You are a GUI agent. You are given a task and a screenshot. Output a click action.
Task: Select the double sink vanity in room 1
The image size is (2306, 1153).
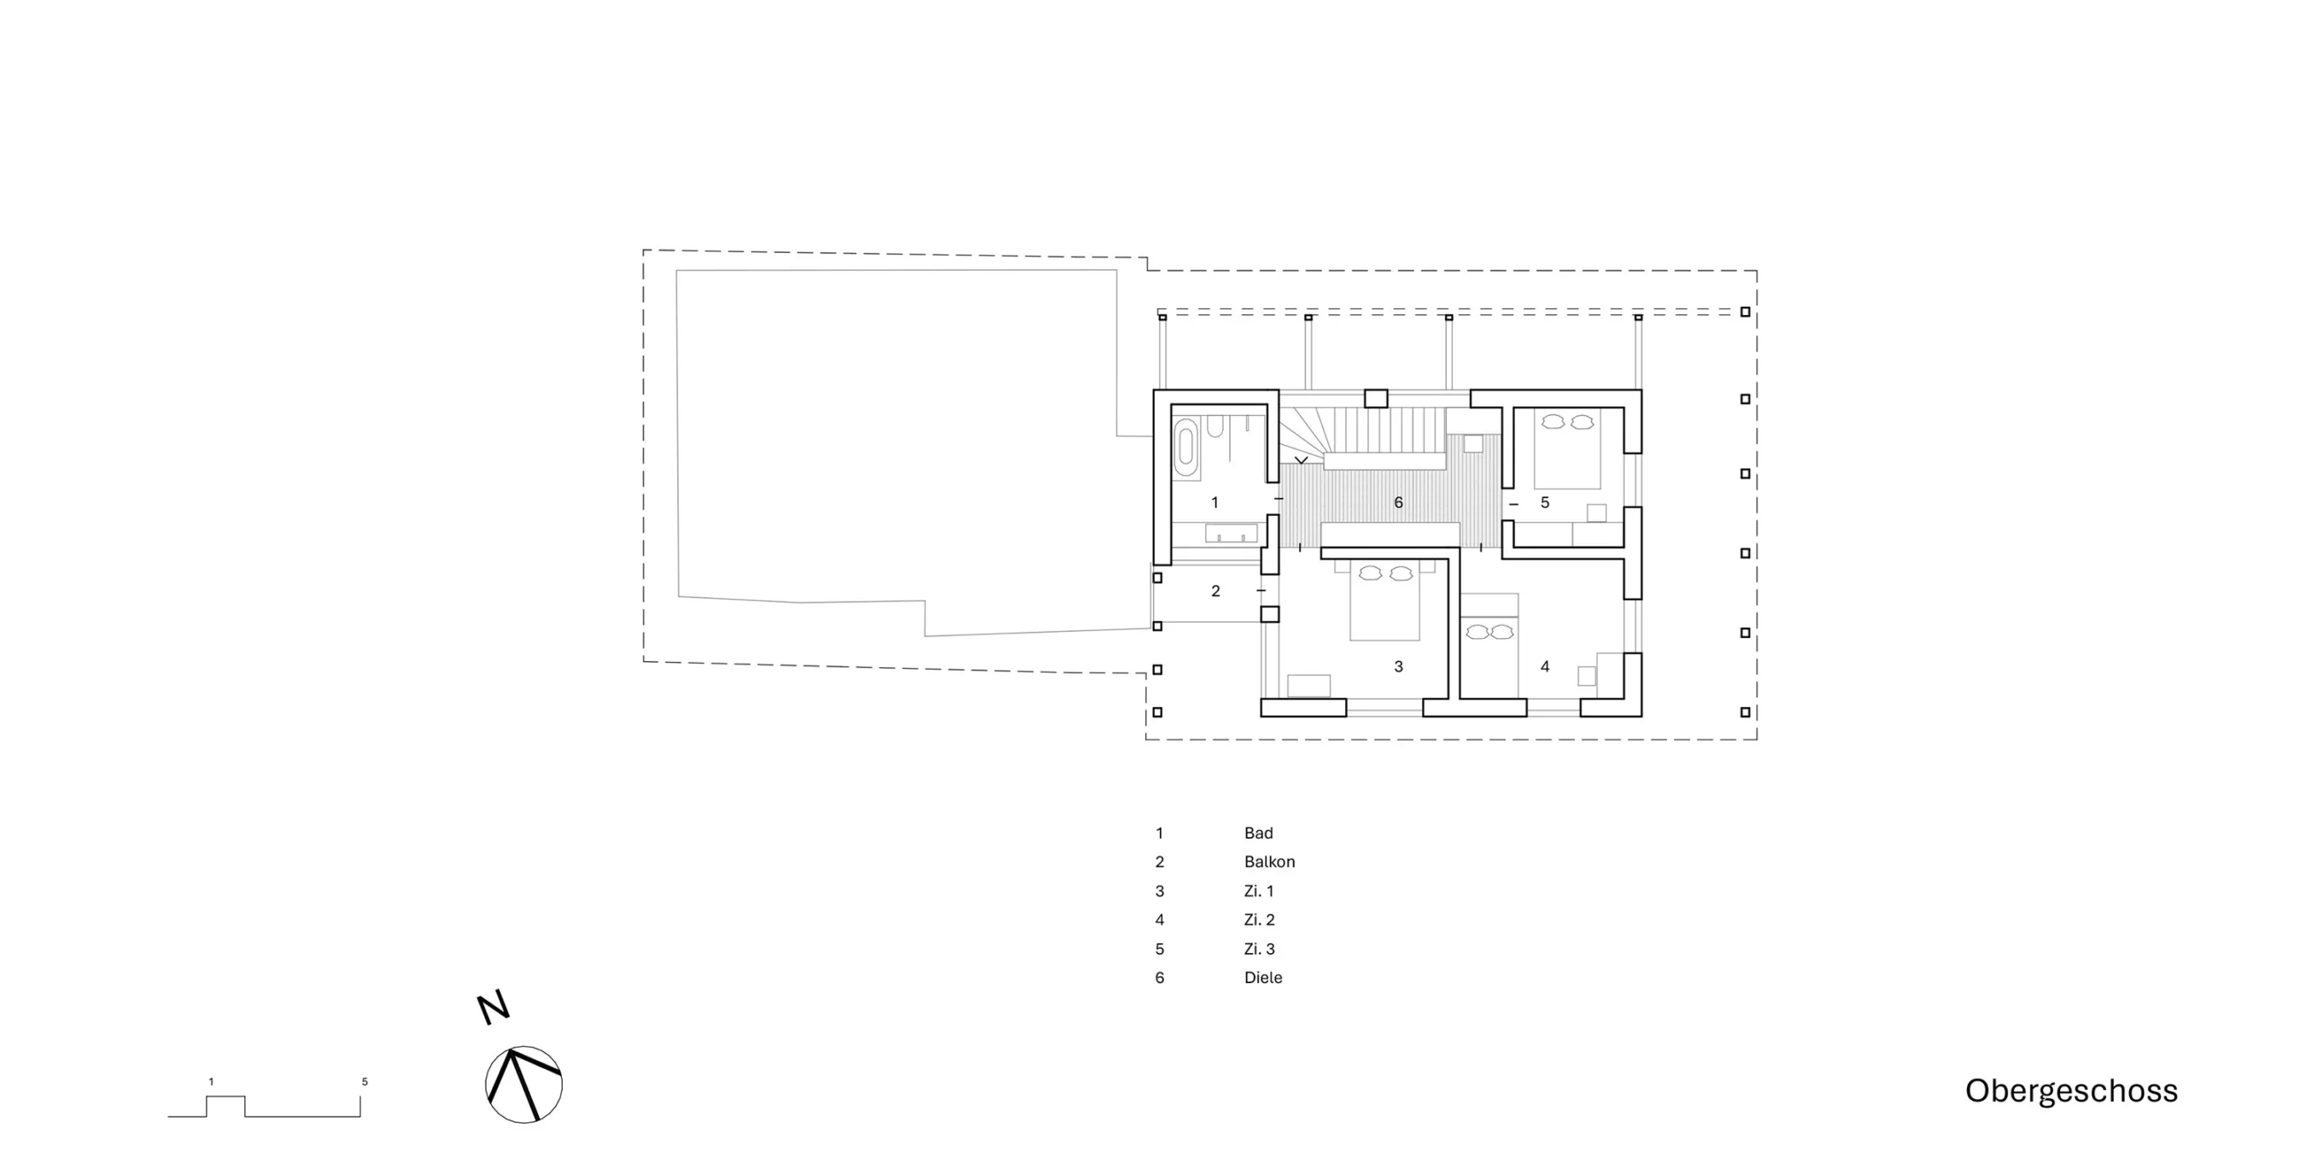tap(1231, 534)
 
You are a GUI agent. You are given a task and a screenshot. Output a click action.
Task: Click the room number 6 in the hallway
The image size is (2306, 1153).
tap(1398, 503)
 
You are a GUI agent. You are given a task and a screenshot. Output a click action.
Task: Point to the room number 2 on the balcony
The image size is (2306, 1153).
tap(1215, 591)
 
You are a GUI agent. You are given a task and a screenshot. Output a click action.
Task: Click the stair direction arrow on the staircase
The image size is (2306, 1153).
tap(1302, 460)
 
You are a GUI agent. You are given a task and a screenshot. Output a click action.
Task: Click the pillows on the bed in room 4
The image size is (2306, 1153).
tap(1490, 632)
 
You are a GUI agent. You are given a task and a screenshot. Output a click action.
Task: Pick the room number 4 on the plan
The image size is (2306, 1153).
tap(1545, 666)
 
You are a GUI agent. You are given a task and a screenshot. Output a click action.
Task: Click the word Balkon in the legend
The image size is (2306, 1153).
tap(1269, 862)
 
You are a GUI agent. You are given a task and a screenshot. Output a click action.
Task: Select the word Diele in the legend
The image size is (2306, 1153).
tap(1263, 978)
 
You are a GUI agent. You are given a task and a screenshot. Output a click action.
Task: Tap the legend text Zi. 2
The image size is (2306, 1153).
tap(1260, 919)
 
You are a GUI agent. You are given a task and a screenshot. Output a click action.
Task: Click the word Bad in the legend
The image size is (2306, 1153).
tap(1259, 834)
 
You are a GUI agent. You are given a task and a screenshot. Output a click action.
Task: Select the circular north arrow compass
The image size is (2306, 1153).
tap(524, 1084)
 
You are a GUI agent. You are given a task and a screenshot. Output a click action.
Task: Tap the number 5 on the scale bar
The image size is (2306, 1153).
tap(365, 1081)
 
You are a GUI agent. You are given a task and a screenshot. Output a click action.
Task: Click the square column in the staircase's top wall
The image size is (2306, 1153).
tap(1375, 398)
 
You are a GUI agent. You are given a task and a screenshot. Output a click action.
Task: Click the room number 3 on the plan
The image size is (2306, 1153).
tap(1398, 666)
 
